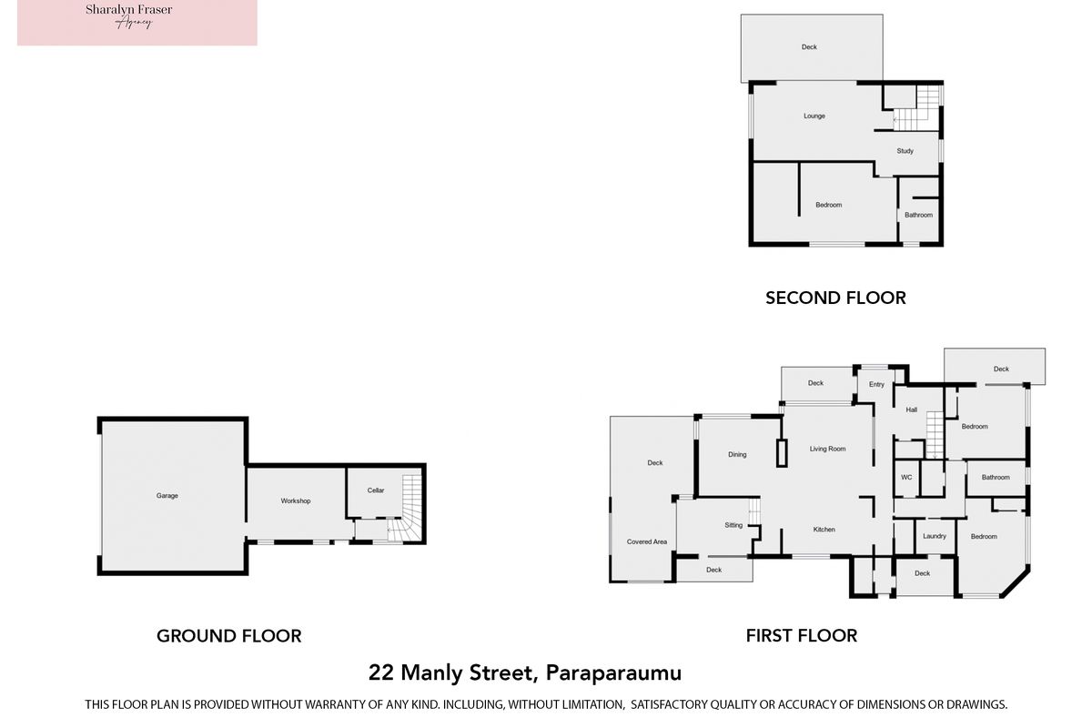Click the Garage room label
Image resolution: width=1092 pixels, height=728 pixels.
click(167, 495)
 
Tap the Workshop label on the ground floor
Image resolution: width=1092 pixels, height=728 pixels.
click(296, 500)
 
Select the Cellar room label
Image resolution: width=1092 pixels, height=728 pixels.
click(376, 490)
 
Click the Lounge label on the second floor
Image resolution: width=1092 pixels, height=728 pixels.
click(814, 116)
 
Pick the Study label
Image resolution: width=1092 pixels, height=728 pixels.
click(905, 151)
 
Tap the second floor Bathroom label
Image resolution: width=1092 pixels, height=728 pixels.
click(918, 215)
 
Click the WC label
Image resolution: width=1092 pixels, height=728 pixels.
click(906, 478)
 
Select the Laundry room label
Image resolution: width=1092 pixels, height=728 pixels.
click(935, 536)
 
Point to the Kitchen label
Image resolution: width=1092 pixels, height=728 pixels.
click(824, 529)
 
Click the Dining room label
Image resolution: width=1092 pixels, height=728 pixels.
click(737, 454)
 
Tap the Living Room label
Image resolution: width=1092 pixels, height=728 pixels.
click(828, 449)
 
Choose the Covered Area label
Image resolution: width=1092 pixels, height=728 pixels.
click(647, 541)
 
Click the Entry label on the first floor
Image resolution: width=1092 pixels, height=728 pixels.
click(876, 384)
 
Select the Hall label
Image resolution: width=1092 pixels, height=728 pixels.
click(912, 409)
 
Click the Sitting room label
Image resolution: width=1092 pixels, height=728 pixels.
click(733, 525)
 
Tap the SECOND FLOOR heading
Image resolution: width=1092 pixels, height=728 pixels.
click(835, 298)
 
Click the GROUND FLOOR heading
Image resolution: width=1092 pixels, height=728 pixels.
click(229, 635)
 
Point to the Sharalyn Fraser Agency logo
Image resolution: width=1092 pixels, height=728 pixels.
click(137, 23)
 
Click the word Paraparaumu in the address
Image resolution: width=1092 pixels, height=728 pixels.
click(613, 672)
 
